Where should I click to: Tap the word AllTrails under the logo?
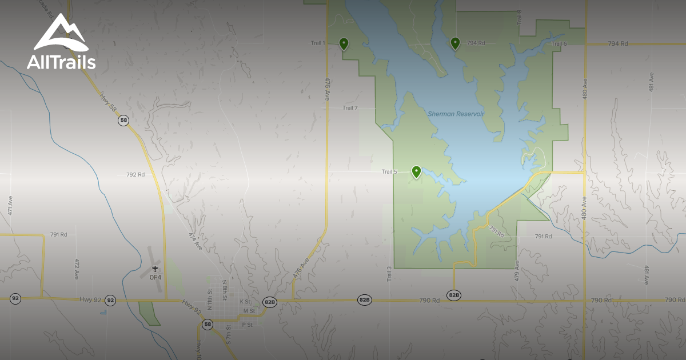61,62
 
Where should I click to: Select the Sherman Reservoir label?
456,114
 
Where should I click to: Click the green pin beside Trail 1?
344,43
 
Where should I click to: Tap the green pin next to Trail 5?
417,171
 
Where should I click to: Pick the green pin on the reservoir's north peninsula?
455,43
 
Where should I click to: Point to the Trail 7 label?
350,108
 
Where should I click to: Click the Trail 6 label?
559,44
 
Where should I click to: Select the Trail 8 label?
520,17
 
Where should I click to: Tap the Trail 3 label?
389,274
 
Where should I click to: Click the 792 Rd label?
135,175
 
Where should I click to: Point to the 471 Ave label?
10,206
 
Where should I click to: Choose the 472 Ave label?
77,269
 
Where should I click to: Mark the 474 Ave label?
196,242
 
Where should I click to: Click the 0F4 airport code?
155,277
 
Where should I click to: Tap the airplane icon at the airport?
155,269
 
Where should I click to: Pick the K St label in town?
245,301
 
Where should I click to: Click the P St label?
247,325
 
